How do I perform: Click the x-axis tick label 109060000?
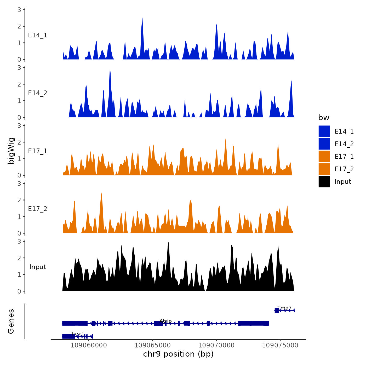click(x=89, y=345)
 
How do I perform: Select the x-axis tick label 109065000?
click(x=152, y=345)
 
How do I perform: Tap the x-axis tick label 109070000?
click(x=216, y=345)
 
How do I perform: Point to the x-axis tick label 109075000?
click(x=280, y=345)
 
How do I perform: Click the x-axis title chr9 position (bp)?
click(x=178, y=354)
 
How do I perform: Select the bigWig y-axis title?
click(x=11, y=151)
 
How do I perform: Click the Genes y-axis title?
click(x=11, y=321)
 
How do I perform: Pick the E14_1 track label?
click(x=38, y=35)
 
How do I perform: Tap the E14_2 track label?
click(x=38, y=93)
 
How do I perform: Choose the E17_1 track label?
click(x=38, y=151)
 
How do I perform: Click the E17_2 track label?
click(x=38, y=209)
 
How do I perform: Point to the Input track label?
click(x=38, y=267)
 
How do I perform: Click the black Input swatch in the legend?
click(x=324, y=181)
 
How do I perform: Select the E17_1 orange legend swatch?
click(x=324, y=156)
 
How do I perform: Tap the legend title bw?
click(x=324, y=118)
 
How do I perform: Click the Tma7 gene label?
click(x=284, y=308)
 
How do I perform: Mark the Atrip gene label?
click(x=165, y=321)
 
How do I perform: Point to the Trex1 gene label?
click(x=77, y=334)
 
